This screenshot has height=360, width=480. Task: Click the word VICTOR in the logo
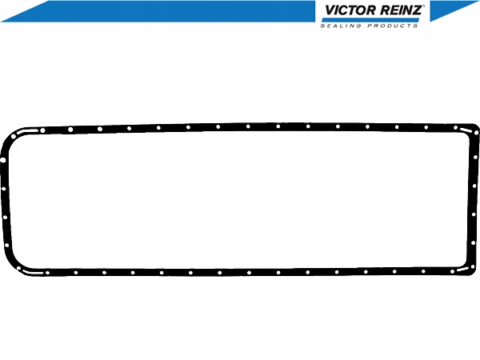click(350, 10)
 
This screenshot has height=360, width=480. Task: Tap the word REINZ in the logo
click(401, 10)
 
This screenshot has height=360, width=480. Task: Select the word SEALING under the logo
click(341, 26)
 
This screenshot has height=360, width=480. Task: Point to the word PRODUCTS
click(393, 26)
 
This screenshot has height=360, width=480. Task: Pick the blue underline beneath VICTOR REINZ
click(370, 20)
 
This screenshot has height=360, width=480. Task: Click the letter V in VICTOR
click(330, 10)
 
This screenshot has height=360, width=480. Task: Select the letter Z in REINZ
click(416, 10)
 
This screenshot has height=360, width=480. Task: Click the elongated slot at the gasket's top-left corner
click(27, 132)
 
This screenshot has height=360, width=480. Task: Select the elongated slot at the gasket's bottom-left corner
click(33, 272)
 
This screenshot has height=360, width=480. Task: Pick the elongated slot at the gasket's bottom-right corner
click(463, 269)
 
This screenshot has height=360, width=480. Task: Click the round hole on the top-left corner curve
click(14, 137)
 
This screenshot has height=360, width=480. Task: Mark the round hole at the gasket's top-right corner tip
click(476, 133)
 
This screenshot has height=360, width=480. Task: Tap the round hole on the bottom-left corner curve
click(18, 269)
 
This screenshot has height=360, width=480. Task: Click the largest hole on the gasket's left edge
click(3, 160)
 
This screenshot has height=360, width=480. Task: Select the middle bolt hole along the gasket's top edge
click(248, 126)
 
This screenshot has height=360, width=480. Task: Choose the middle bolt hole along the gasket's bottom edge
click(249, 273)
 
